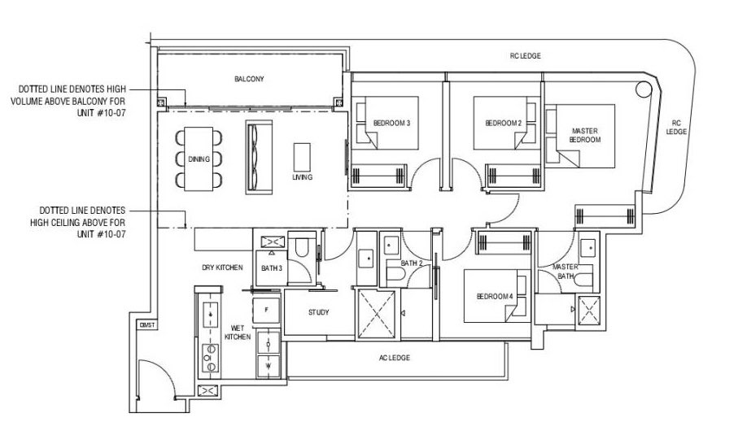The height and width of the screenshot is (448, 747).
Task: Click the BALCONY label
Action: pyautogui.click(x=249, y=79)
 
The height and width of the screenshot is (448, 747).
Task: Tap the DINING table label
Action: pyautogui.click(x=199, y=159)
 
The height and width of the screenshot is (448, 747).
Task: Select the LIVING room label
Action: pyautogui.click(x=302, y=177)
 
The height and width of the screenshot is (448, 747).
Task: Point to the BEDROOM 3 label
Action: pyautogui.click(x=391, y=124)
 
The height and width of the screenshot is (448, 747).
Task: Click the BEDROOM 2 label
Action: pyautogui.click(x=503, y=124)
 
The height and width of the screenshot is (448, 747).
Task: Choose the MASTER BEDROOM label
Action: pyautogui.click(x=585, y=135)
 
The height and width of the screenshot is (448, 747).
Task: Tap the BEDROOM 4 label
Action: pyautogui.click(x=495, y=297)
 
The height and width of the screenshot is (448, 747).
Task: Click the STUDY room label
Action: pyautogui.click(x=318, y=313)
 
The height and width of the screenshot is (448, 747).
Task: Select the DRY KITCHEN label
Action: pyautogui.click(x=222, y=267)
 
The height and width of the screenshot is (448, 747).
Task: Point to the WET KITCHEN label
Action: pyautogui.click(x=238, y=333)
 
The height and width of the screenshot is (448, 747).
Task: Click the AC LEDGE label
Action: pyautogui.click(x=395, y=358)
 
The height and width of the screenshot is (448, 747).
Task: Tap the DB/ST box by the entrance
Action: pyautogui.click(x=147, y=325)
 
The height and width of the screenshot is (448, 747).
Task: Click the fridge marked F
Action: pyautogui.click(x=266, y=310)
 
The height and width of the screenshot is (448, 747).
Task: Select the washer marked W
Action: pyautogui.click(x=269, y=367)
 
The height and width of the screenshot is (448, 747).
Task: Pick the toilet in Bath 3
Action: pyautogui.click(x=302, y=246)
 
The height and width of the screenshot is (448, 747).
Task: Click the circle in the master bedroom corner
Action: pyautogui.click(x=643, y=89)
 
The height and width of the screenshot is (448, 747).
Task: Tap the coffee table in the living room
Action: pyautogui.click(x=302, y=157)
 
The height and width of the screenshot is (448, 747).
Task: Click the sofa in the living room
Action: pyautogui.click(x=259, y=157)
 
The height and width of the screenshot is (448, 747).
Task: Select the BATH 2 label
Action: pyautogui.click(x=412, y=263)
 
